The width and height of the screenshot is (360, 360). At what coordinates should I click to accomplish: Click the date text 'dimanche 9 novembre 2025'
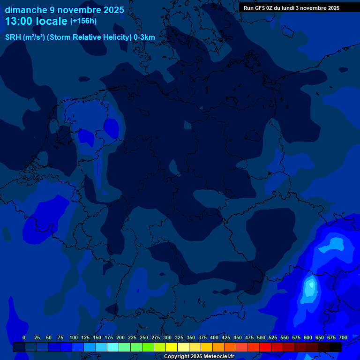coord(64,10)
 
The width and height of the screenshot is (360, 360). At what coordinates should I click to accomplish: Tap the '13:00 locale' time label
coord(36,21)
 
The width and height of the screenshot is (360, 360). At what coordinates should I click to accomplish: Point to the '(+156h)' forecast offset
coord(83,21)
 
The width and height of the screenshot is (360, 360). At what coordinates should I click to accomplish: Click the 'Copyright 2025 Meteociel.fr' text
coord(199,357)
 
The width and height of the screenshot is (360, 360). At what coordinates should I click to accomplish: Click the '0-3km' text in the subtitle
coord(144,37)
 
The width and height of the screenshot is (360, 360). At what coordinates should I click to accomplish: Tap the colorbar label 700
coord(343,337)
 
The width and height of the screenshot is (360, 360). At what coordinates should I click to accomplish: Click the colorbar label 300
coord(167,337)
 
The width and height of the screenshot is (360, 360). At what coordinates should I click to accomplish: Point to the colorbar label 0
coord(24,337)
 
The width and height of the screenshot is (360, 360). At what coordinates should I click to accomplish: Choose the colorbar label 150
coord(97,337)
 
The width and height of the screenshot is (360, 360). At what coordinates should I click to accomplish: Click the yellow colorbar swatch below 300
coord(172,347)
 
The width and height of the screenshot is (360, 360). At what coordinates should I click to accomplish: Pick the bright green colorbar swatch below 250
coord(148,347)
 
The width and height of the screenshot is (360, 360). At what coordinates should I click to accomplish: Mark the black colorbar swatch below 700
coord(336,347)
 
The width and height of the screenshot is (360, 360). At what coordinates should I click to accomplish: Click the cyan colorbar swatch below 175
coord(113,347)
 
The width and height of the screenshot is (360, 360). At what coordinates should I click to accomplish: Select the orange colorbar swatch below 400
coord(218,347)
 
